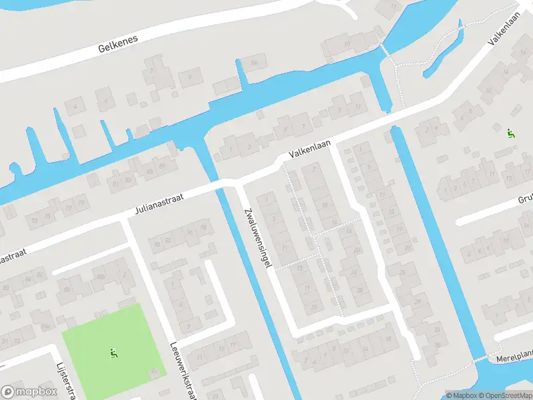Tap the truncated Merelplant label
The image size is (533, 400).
coord(514,358)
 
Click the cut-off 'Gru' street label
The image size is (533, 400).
coord(526,199)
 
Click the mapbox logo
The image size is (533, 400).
coord(28,392)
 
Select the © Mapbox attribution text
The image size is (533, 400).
coord(459,395)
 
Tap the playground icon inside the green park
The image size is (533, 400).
coord(113,352)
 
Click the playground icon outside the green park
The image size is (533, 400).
coord(511,133)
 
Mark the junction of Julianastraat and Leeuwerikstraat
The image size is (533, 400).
coord(125,219)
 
